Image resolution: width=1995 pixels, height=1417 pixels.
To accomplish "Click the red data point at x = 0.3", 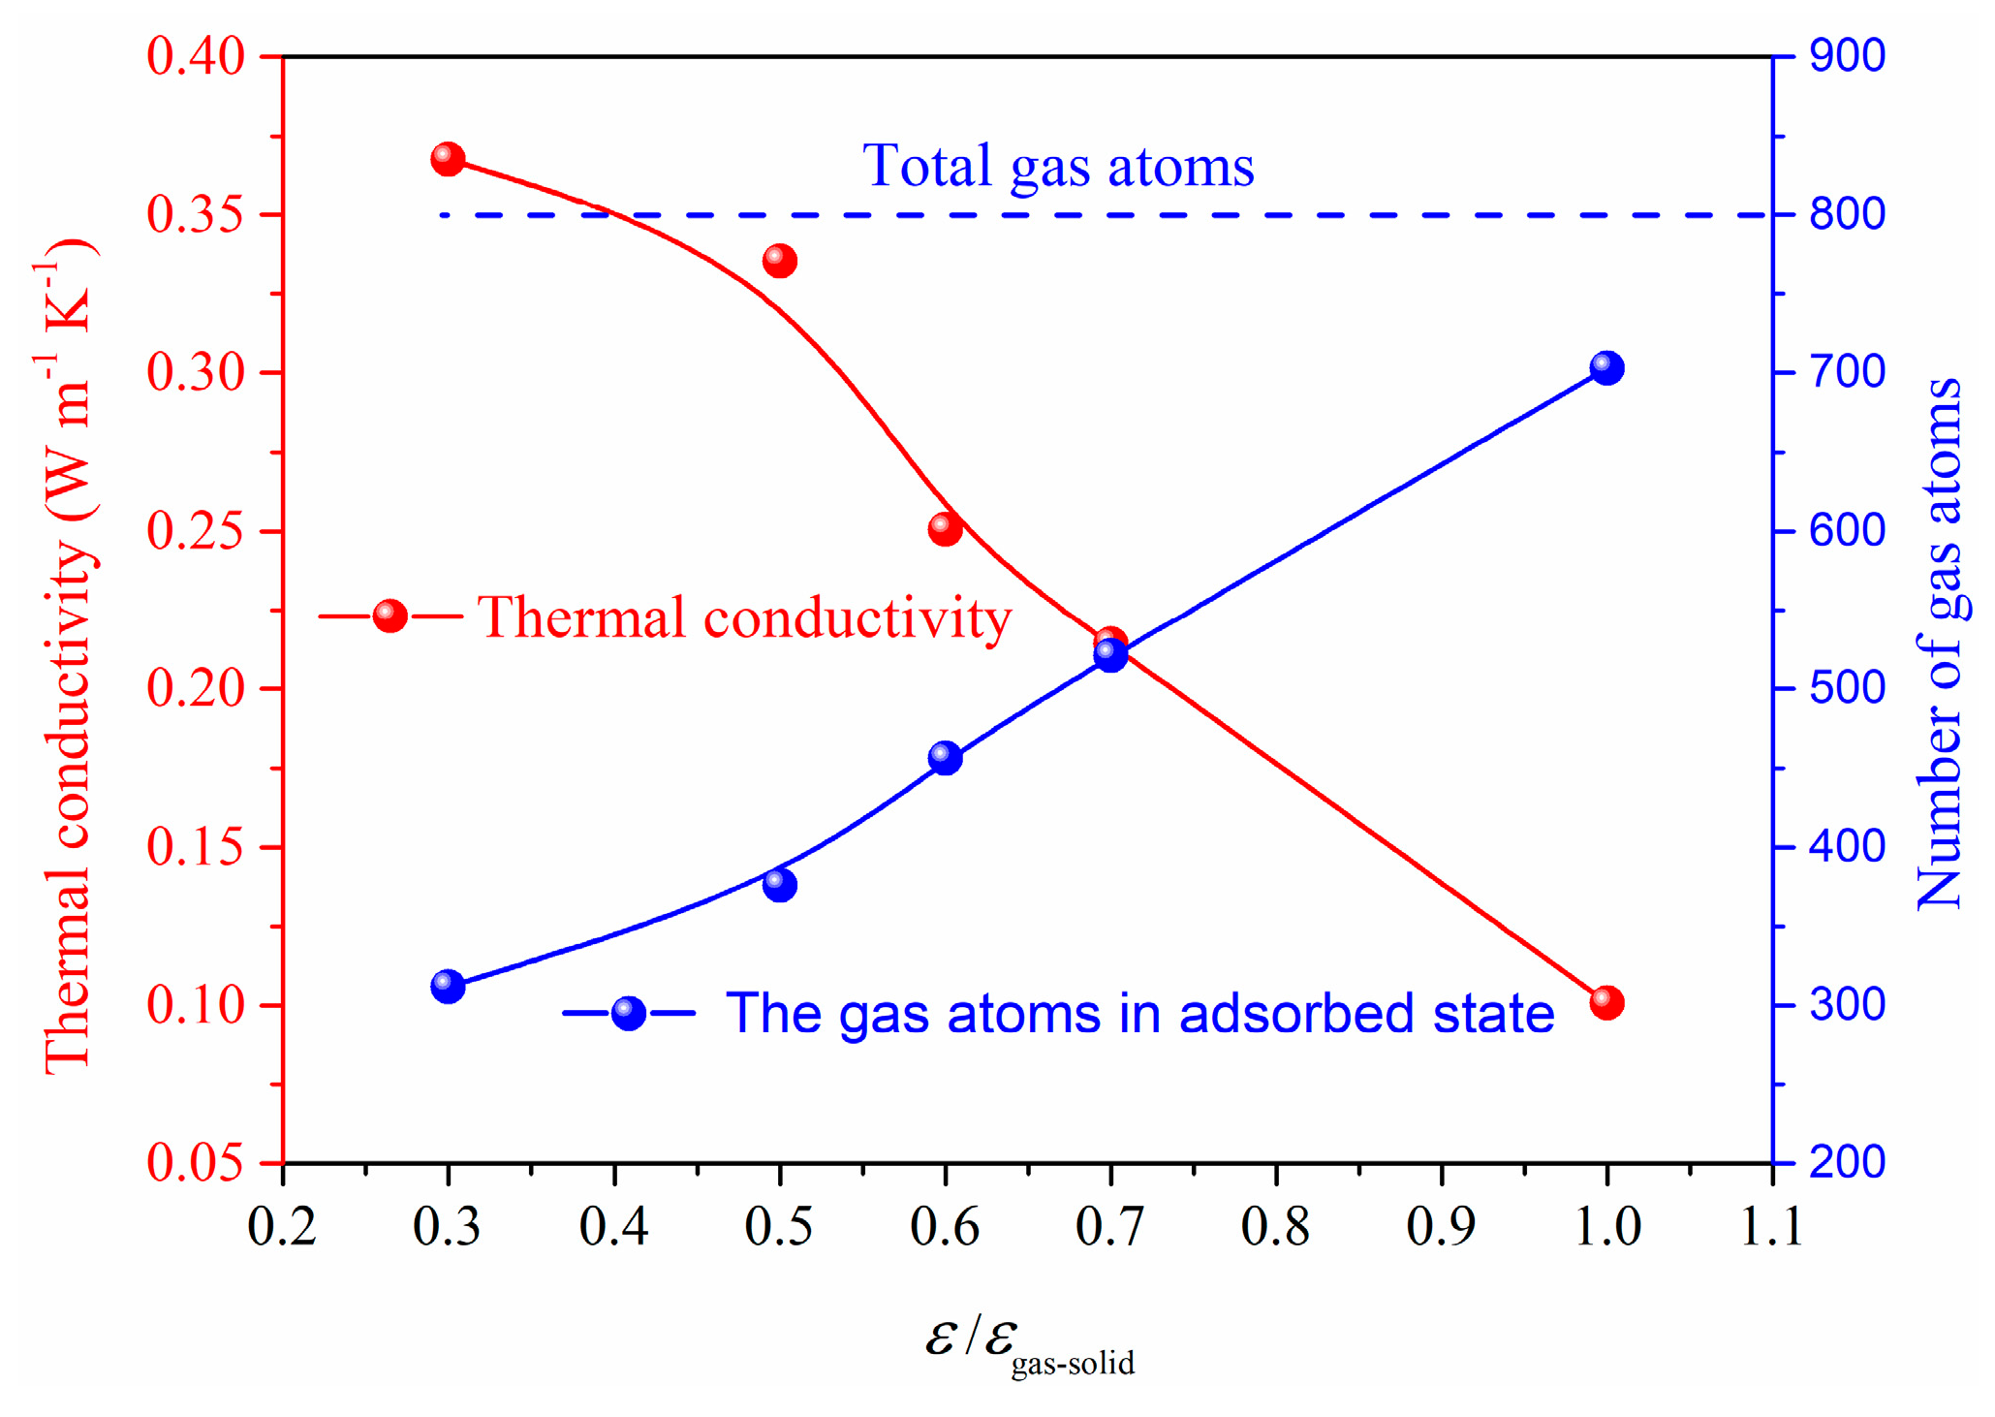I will tap(447, 158).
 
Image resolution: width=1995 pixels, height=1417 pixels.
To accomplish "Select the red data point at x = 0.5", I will tap(779, 261).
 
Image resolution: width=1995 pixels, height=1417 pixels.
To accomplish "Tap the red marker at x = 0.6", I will tap(945, 529).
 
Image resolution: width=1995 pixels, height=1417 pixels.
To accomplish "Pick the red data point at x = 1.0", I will tap(1606, 1002).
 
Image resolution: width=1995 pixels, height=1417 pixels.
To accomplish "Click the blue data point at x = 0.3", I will tap(447, 987).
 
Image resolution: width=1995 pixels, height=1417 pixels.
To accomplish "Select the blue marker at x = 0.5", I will tap(779, 885).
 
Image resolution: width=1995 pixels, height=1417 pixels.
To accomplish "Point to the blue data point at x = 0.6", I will tap(945, 758).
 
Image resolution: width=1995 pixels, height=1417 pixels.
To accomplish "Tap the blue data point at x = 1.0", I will tap(1606, 368).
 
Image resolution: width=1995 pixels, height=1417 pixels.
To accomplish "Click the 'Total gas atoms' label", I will tap(1058, 166).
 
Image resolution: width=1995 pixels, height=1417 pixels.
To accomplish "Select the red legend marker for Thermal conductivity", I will tap(390, 615).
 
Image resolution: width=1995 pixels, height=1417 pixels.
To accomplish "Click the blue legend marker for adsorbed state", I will tap(629, 1014).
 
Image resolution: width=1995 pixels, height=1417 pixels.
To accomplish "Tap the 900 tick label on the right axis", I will tap(1847, 56).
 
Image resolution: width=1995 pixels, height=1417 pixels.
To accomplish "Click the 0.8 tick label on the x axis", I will tap(1276, 1226).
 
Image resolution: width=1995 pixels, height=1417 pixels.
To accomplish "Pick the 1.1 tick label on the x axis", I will tap(1771, 1226).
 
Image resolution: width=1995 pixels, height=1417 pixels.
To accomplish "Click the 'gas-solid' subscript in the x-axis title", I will tap(1073, 1364).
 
